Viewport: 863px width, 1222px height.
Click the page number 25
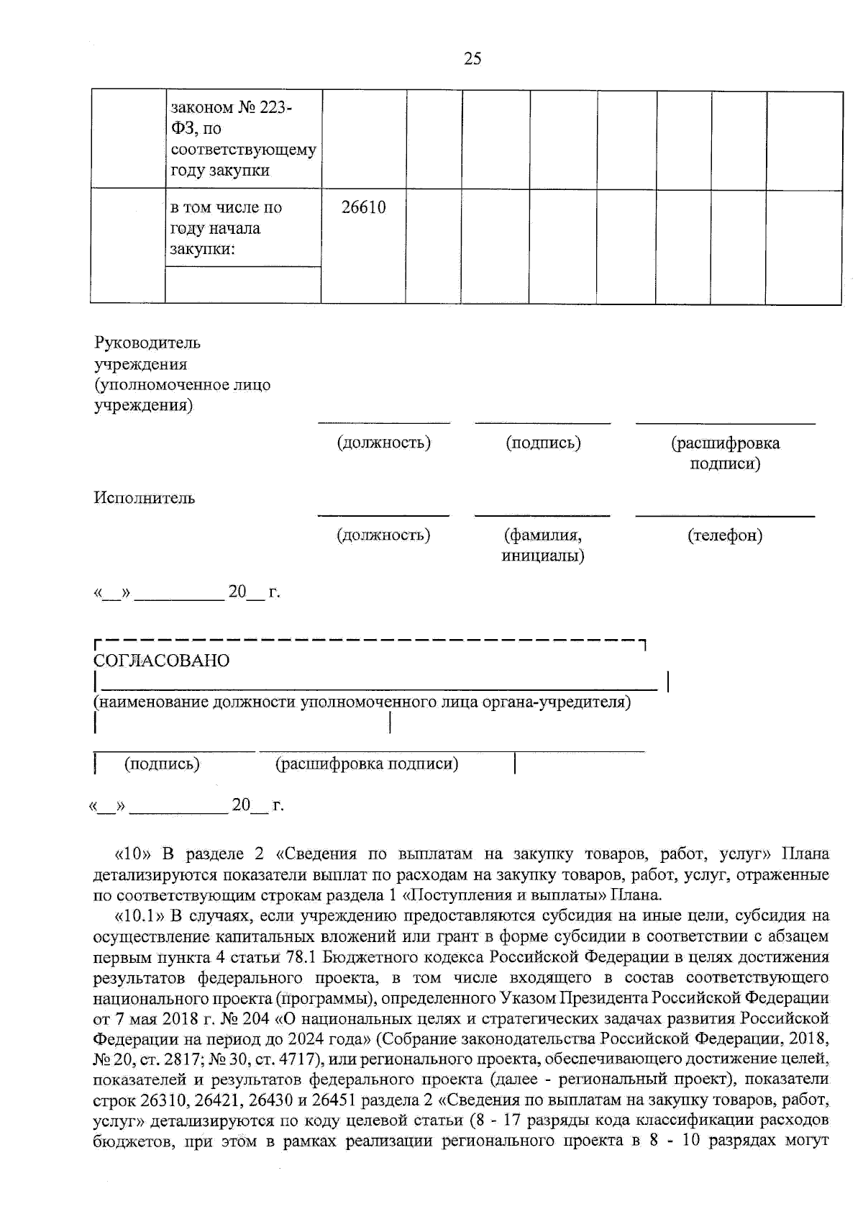pyautogui.click(x=472, y=59)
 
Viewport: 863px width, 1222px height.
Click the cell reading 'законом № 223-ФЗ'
pyautogui.click(x=243, y=139)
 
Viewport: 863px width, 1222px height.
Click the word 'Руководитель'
pyautogui.click(x=147, y=343)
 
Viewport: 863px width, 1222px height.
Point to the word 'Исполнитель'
pyautogui.click(x=144, y=498)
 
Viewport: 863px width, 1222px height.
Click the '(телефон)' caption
pyautogui.click(x=725, y=535)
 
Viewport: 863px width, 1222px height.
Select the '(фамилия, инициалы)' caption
pyautogui.click(x=542, y=546)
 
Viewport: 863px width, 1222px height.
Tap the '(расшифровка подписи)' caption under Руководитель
pyautogui.click(x=725, y=453)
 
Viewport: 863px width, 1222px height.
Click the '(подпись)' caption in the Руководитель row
pyautogui.click(x=543, y=443)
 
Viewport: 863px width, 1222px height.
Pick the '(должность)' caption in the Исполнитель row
pyautogui.click(x=383, y=535)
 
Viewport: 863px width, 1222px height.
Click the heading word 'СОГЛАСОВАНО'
pyautogui.click(x=162, y=661)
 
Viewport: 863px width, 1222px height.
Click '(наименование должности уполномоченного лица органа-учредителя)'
pyautogui.click(x=362, y=702)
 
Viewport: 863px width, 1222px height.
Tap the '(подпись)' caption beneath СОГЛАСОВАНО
pyautogui.click(x=162, y=764)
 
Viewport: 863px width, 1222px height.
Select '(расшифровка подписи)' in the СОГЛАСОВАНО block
pyautogui.click(x=367, y=764)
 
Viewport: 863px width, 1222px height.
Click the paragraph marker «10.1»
pyautogui.click(x=138, y=915)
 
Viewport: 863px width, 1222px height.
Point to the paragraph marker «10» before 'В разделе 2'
pyautogui.click(x=132, y=854)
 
